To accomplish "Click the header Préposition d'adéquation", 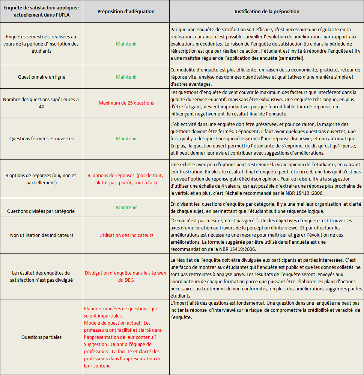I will (126, 11).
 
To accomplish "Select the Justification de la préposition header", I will (266, 11).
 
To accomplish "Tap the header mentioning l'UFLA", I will (41, 11).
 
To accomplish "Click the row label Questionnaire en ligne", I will (42, 77).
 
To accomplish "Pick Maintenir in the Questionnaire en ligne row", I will (126, 77).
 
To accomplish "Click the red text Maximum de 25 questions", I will (126, 103).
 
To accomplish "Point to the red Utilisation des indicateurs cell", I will (126, 235).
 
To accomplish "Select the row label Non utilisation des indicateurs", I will (42, 235).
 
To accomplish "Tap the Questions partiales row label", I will (42, 337).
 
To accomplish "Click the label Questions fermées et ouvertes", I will (42, 138).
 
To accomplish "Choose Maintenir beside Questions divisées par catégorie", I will (126, 207).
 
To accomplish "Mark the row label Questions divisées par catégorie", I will (42, 211).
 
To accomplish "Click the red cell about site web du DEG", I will (126, 276).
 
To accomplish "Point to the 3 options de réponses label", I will (42, 179).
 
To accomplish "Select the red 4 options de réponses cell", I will (126, 179).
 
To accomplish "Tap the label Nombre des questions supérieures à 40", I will (42, 103).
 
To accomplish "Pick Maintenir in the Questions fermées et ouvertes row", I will (126, 138).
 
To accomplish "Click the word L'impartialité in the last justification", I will (184, 303).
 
